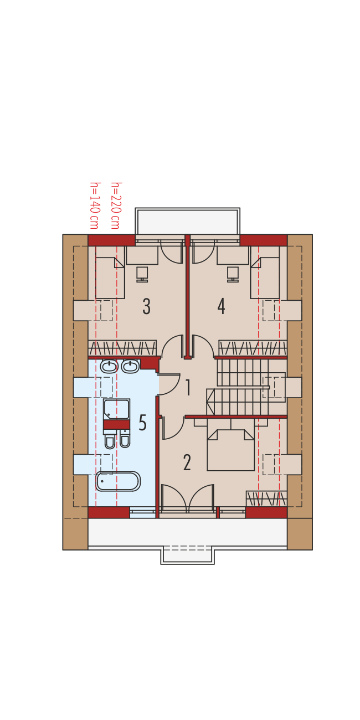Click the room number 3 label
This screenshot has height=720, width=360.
(x=147, y=306)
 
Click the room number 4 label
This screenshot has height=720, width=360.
(x=221, y=306)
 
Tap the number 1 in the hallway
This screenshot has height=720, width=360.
(x=188, y=387)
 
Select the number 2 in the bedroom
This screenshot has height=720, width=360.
(x=187, y=462)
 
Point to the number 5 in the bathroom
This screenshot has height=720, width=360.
(x=142, y=423)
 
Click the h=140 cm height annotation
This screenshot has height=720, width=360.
(x=94, y=205)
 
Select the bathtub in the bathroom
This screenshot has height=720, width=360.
(x=119, y=481)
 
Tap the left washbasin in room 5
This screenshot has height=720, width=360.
(x=109, y=366)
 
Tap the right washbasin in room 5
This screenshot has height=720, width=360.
(x=130, y=366)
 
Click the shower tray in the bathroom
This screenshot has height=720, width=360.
(x=116, y=409)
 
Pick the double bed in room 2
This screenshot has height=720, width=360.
(x=231, y=450)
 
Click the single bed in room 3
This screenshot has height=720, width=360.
(x=110, y=277)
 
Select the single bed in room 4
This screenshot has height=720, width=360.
(x=265, y=277)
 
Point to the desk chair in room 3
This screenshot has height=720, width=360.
(x=142, y=274)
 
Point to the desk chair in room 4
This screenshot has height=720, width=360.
(x=233, y=274)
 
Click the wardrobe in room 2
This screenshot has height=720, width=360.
(x=266, y=498)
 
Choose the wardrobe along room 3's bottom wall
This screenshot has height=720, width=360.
(x=122, y=348)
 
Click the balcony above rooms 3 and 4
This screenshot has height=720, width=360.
(x=187, y=221)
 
